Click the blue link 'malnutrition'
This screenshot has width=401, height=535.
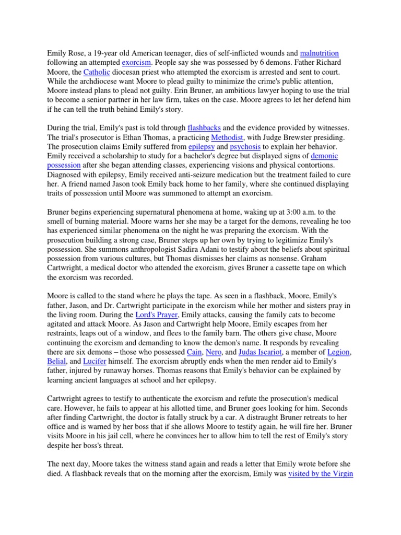coord(320,53)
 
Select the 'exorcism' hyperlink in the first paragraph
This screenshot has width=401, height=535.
coord(136,62)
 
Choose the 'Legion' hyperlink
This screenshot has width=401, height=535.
coord(339,353)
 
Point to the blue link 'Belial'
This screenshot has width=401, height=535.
coord(57,362)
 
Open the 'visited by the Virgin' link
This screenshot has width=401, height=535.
coord(321,474)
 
